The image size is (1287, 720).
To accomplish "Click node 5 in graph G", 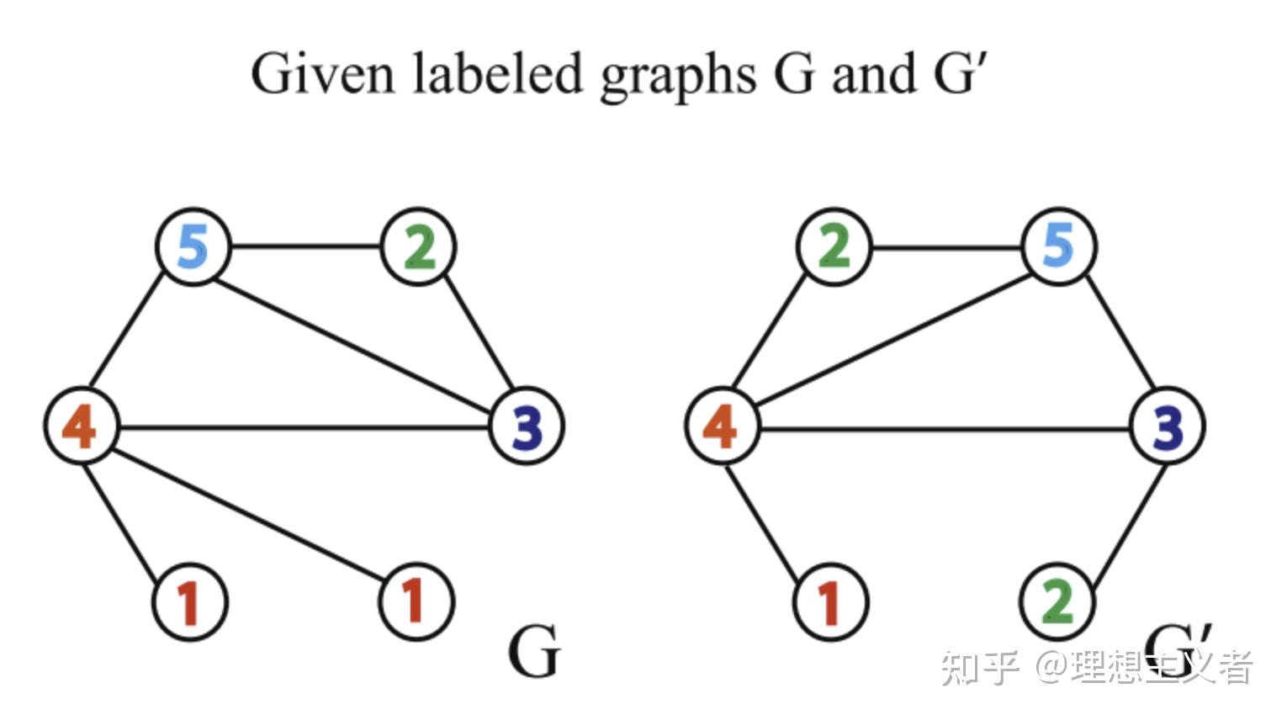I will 193,246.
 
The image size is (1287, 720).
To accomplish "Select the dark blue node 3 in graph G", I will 527,426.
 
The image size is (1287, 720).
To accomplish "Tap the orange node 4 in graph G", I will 81,426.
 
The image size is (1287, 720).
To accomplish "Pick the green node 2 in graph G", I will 419,246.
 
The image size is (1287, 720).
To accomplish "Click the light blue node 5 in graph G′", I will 1058,246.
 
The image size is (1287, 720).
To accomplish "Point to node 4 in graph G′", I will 722,426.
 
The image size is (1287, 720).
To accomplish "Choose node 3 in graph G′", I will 1168,426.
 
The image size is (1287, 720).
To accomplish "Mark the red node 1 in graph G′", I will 831,602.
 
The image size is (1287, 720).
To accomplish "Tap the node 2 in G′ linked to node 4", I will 834,246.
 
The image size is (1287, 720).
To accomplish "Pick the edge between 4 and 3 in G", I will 303,428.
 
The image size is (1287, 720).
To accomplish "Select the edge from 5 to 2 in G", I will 305,246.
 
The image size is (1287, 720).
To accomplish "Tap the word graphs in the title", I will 678,77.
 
